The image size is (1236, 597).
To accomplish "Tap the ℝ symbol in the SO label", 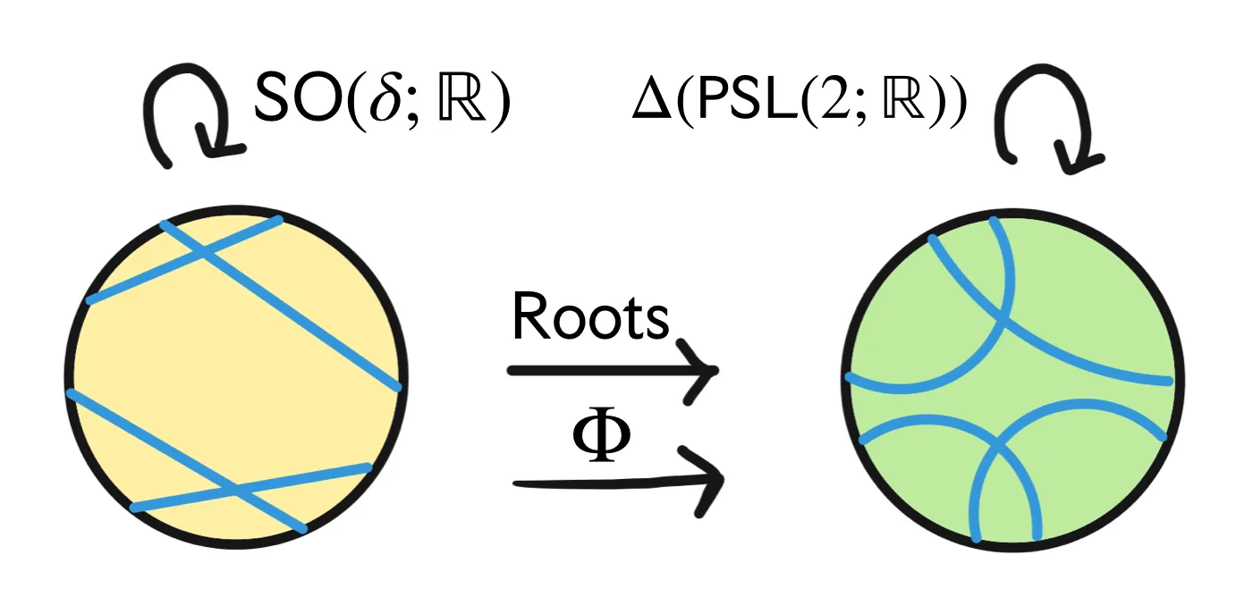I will (461, 101).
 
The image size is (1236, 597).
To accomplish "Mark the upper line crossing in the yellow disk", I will (206, 255).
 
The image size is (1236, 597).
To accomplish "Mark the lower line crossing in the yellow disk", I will (235, 490).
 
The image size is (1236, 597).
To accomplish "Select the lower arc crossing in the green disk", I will (997, 444).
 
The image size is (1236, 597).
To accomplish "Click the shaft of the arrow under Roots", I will (599, 369).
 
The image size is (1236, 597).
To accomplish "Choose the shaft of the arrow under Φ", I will (608, 483).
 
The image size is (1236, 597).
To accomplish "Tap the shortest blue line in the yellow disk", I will (183, 262).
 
